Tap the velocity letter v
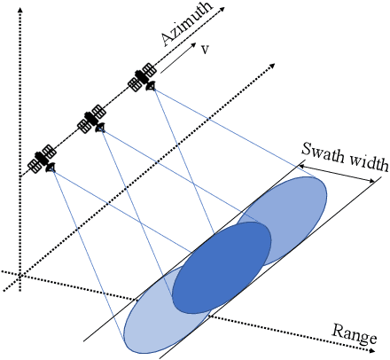pos(206,50)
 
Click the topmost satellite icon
pos(143,78)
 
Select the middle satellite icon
pos(92,120)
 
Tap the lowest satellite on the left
pos(43,159)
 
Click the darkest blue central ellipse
pos(222,267)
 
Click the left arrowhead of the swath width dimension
pos(302,160)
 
